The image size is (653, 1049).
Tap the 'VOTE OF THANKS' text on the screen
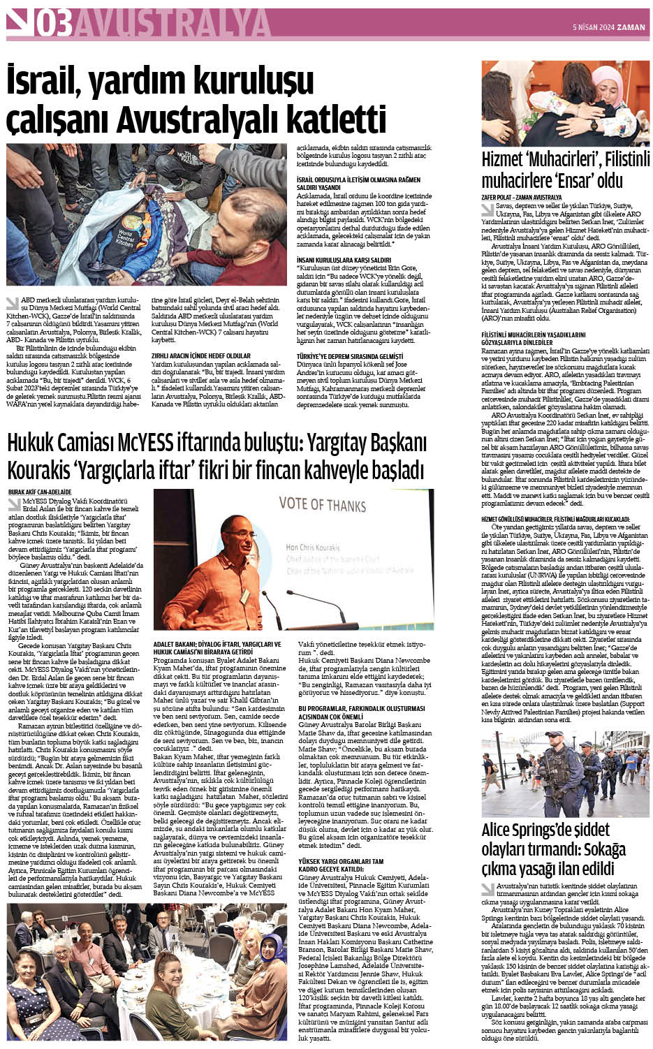[x=322, y=504]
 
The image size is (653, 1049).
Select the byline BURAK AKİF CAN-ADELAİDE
[x=41, y=492]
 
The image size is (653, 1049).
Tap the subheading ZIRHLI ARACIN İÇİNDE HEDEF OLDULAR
[x=200, y=355]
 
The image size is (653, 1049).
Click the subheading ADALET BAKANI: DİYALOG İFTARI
[x=217, y=645]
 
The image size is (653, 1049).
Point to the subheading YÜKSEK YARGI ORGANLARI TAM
[x=340, y=862]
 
